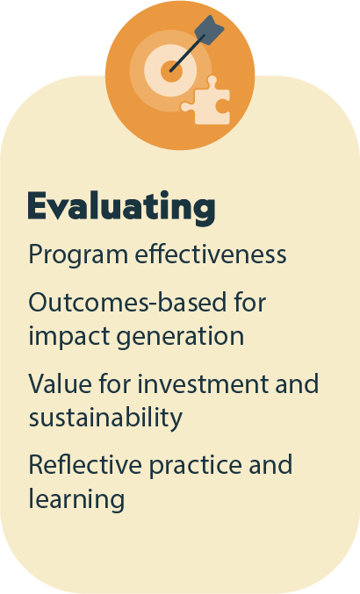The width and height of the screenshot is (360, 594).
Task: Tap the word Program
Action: tap(78, 255)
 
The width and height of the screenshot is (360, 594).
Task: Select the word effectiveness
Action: tap(211, 254)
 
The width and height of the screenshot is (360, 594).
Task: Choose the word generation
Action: tap(180, 337)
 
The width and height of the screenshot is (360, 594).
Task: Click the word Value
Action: tap(60, 383)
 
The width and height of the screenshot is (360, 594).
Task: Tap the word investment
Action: tap(203, 383)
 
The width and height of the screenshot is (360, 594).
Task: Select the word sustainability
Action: tap(105, 419)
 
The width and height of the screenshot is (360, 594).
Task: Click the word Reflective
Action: tap(85, 464)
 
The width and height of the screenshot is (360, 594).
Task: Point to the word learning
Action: tap(76, 499)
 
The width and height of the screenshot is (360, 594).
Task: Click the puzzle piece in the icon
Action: tap(206, 102)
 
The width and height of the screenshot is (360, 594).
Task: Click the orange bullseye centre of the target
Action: tap(172, 71)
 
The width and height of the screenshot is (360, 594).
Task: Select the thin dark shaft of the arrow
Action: tap(188, 53)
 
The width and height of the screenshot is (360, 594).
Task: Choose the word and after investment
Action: tap(297, 383)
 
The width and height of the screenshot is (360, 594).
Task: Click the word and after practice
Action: tap(270, 464)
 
